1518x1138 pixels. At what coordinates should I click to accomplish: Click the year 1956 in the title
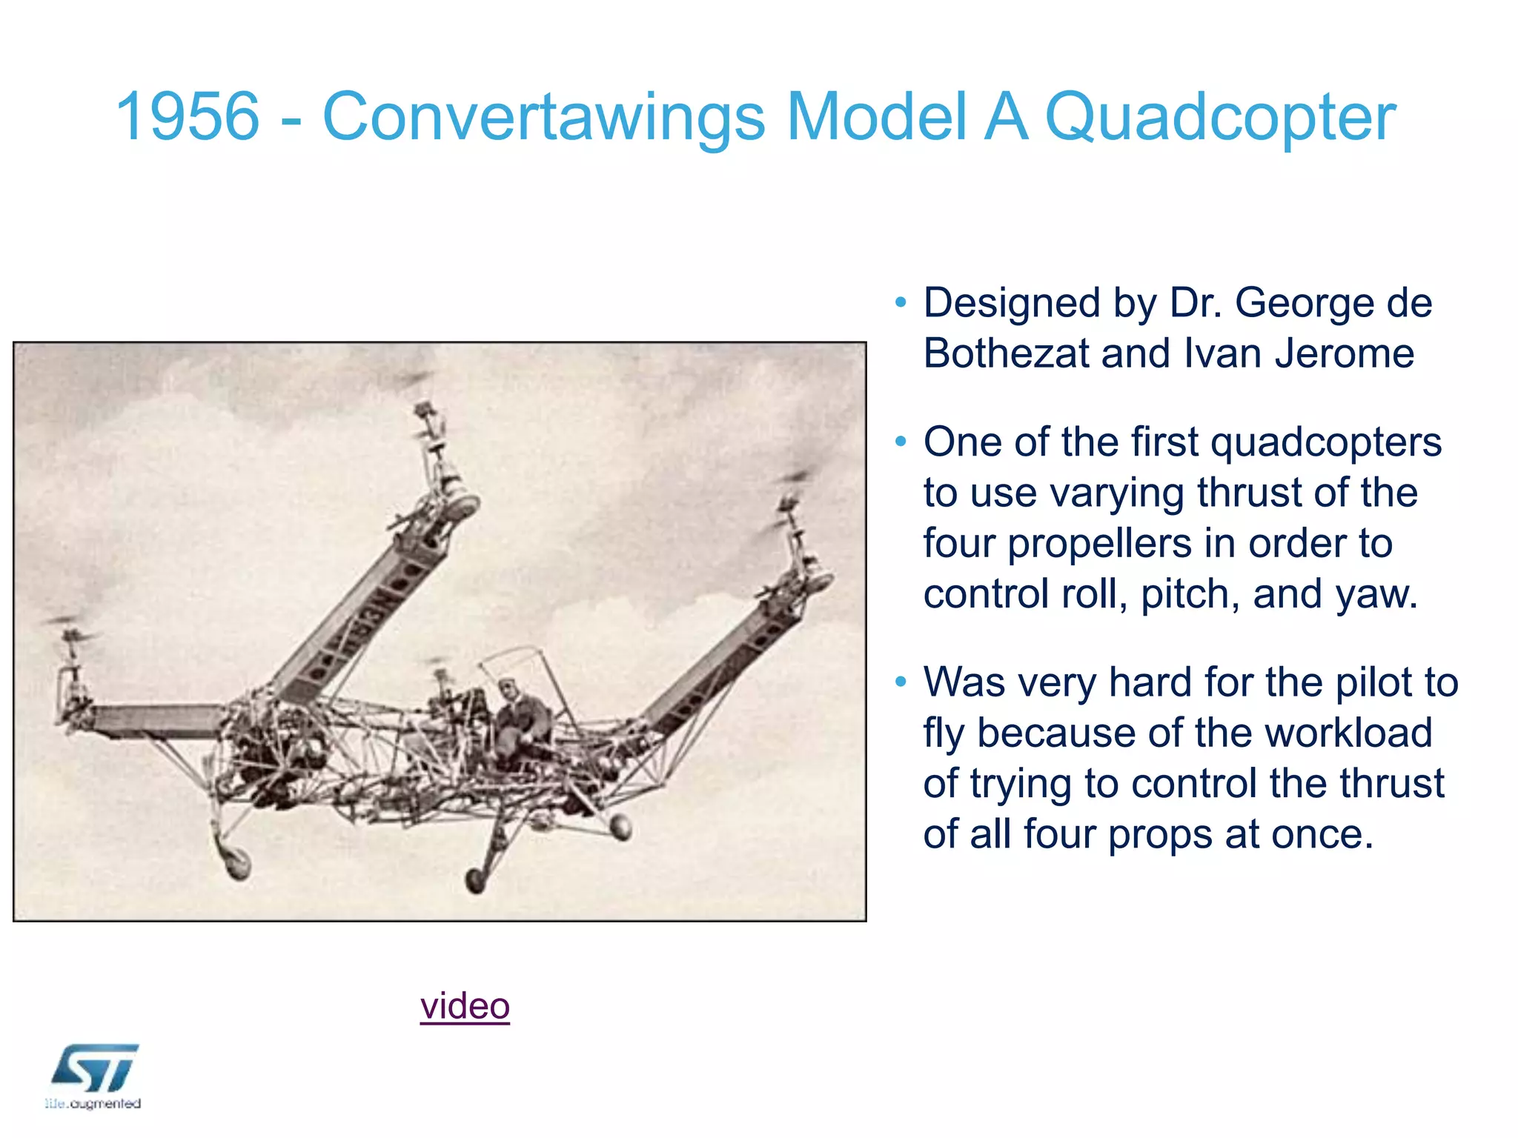tap(188, 116)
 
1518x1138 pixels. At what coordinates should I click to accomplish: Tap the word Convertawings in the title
tap(543, 116)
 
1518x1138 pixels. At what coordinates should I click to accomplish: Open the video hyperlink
tap(465, 1005)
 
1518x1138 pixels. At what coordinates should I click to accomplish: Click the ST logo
tap(95, 1068)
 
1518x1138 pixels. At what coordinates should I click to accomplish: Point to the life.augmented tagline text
tap(93, 1104)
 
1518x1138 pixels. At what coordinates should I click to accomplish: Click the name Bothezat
tap(1006, 353)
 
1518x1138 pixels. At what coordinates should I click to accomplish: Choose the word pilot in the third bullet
tap(1370, 682)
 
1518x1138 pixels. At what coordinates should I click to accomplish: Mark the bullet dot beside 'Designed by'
tap(901, 302)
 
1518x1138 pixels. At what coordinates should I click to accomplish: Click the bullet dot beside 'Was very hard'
tap(901, 682)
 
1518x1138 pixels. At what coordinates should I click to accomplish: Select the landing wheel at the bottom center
tap(474, 880)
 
